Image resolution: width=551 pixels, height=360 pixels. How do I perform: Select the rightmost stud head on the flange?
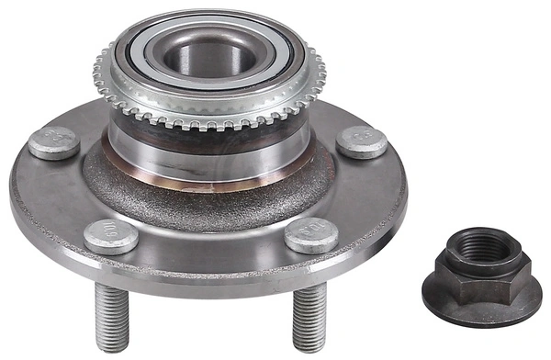coord(361,141)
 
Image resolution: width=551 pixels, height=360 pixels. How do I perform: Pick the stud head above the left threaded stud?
coord(110,236)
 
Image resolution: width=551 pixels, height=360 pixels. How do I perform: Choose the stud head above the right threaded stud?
coord(311,236)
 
